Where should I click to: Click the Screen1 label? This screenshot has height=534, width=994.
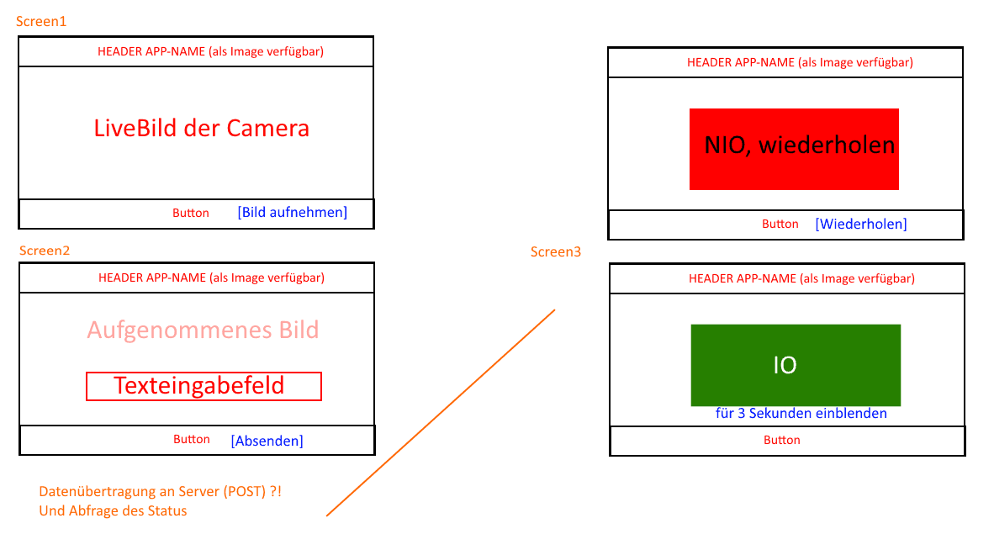tap(41, 22)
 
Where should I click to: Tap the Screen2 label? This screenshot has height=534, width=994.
tap(45, 251)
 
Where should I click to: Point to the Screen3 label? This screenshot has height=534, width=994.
tap(556, 251)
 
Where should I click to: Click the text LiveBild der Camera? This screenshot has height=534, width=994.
tap(202, 128)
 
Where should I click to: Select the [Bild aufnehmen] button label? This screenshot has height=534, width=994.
tap(293, 213)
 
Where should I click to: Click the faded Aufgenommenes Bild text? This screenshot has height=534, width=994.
tap(203, 330)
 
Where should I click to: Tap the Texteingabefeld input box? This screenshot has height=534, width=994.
tap(204, 386)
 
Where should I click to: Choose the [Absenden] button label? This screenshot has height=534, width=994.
tap(267, 441)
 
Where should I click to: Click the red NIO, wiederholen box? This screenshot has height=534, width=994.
tap(795, 149)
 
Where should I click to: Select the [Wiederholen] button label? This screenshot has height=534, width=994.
tap(861, 224)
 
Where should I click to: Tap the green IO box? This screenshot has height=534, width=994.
tap(796, 365)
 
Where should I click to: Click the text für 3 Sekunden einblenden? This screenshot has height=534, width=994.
tap(801, 414)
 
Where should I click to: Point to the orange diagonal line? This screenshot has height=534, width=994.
tap(441, 413)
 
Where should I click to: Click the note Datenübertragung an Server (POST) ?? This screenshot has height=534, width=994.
tap(161, 491)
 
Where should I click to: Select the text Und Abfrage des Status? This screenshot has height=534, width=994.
tap(113, 511)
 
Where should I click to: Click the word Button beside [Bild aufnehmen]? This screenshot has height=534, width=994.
tap(191, 213)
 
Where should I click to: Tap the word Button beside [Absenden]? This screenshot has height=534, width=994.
tap(192, 440)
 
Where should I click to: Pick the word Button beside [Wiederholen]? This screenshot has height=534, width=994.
tap(780, 224)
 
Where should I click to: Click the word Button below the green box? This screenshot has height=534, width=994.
tap(781, 440)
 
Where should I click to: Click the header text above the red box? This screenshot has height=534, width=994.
tap(800, 63)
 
